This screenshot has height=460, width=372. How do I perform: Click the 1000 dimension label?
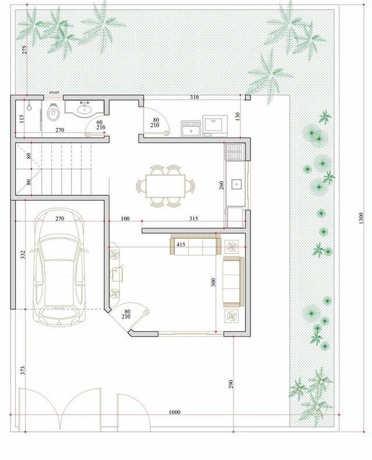click(174, 412)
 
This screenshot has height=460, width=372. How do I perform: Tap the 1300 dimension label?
click(360, 218)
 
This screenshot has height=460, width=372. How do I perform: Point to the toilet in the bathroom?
click(53, 112)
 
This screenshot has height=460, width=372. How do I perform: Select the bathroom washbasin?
click(85, 109)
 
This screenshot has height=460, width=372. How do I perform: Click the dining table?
click(166, 186)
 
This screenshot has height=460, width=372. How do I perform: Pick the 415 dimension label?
click(181, 244)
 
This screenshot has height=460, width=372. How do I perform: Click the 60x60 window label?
click(54, 92)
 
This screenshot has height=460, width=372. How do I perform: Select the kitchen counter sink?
click(236, 184)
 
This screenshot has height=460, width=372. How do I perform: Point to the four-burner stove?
click(234, 152)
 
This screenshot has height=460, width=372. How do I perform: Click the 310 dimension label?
click(194, 97)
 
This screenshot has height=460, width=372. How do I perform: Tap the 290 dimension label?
click(231, 384)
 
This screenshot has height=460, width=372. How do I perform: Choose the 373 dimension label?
click(23, 370)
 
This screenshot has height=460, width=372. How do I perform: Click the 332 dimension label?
click(23, 254)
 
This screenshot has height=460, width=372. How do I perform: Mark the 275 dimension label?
click(24, 49)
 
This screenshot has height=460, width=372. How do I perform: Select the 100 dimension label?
click(125, 219)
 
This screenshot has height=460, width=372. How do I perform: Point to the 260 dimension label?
click(221, 185)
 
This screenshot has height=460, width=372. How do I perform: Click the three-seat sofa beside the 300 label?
click(233, 281)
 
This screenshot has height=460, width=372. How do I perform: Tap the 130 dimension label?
click(238, 116)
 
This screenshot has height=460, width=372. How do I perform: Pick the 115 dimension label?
click(21, 119)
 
